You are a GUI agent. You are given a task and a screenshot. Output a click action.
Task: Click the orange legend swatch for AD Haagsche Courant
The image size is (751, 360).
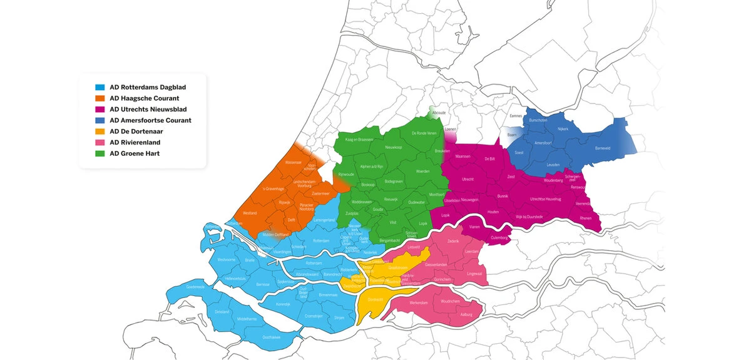click(x=99, y=98)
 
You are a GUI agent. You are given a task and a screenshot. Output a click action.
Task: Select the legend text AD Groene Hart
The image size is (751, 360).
click(x=135, y=153)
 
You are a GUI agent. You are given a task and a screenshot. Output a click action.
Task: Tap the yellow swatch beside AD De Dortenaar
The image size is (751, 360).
click(x=99, y=131)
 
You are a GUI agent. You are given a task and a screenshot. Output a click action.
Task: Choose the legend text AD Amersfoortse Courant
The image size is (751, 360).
click(x=150, y=120)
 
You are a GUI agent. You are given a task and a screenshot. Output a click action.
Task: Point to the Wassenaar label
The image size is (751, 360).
click(x=294, y=162)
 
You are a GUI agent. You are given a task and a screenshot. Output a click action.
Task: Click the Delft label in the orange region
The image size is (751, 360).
click(x=291, y=220)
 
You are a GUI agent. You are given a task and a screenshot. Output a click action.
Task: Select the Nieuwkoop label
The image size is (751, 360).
click(x=394, y=148)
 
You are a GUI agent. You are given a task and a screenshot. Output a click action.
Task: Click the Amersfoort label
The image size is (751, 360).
click(x=544, y=143)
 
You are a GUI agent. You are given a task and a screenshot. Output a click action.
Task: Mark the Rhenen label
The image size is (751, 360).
click(x=586, y=218)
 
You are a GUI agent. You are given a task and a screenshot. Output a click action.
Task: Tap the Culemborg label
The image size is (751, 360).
click(x=499, y=238)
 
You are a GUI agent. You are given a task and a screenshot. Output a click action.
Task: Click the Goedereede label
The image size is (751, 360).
click(x=195, y=287)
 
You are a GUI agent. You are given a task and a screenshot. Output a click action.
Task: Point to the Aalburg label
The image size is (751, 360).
click(x=466, y=314)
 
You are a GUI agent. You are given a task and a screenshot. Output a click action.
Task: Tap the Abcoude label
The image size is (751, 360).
click(x=439, y=113)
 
